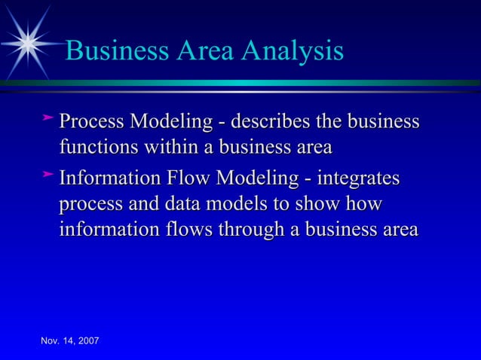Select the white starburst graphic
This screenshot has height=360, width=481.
pyautogui.click(x=29, y=42)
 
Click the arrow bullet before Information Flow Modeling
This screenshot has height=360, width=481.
pyautogui.click(x=48, y=175)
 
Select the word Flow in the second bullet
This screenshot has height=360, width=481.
pyautogui.click(x=185, y=180)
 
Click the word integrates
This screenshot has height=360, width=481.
pyautogui.click(x=359, y=180)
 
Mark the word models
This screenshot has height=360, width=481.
pyautogui.click(x=252, y=205)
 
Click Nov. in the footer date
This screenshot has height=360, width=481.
pyautogui.click(x=51, y=343)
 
